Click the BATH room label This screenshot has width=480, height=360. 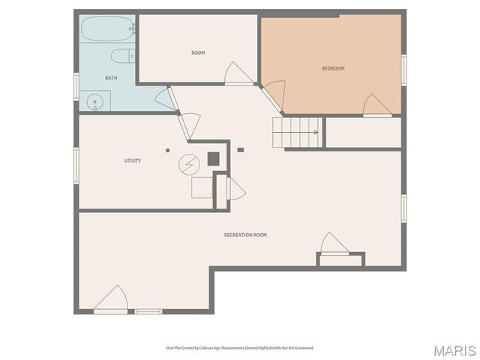pos(111,78)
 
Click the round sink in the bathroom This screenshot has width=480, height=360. pos(94,101)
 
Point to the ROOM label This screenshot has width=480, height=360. pos(198,52)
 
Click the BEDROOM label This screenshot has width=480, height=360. pos(333,68)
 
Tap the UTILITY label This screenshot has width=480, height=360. pos(133,160)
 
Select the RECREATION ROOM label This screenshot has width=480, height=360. pos(245,235)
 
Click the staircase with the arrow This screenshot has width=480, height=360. pos(297,132)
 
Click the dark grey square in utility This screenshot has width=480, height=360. pos(214,158)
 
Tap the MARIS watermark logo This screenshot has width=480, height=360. pos(454,349)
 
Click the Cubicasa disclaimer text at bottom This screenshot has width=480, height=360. pos(240,348)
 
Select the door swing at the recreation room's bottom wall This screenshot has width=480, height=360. pos(112,300)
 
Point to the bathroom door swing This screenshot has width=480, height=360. pos(163,98)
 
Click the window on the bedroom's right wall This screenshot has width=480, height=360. pos(403,68)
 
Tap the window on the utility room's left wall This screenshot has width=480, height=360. pos(76,164)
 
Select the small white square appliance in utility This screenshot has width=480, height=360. pos(202,187)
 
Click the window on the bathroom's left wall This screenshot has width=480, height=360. pos(76,85)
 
